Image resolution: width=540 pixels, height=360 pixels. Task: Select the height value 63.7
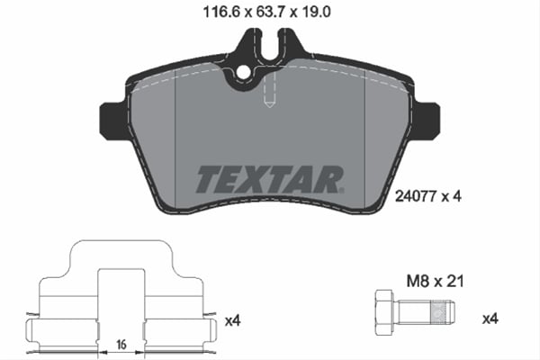click(265, 12)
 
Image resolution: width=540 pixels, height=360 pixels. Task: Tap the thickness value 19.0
click(318, 12)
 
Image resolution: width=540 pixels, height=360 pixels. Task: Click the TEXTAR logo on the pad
click(268, 178)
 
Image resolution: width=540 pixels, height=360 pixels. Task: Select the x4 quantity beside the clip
click(232, 318)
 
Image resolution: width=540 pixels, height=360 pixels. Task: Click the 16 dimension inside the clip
click(120, 344)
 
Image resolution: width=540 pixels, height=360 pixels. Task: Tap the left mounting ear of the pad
click(112, 120)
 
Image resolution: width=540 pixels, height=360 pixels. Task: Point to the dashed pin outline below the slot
click(268, 95)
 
